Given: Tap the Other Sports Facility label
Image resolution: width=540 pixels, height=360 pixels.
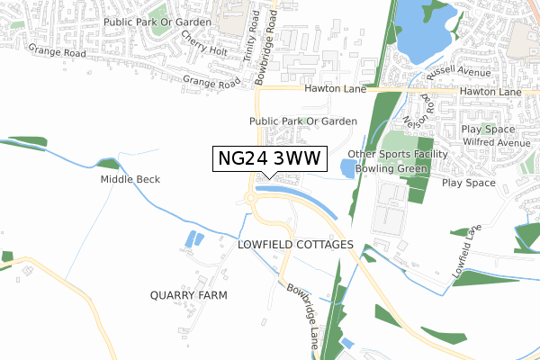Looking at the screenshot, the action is [417, 154].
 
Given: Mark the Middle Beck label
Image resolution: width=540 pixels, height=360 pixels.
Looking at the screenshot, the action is [130, 179].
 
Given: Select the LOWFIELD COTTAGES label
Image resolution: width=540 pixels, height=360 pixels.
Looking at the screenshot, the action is [296, 244].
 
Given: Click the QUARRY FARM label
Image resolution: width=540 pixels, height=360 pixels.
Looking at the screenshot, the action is [189, 294].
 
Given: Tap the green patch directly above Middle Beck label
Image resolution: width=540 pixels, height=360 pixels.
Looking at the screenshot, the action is [108, 164].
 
